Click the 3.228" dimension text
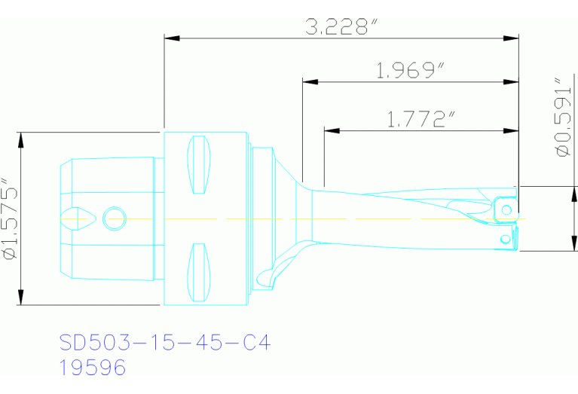(x=341, y=28)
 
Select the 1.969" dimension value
(x=409, y=71)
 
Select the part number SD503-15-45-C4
(x=164, y=344)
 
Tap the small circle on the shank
(x=115, y=218)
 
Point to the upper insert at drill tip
(x=506, y=209)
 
